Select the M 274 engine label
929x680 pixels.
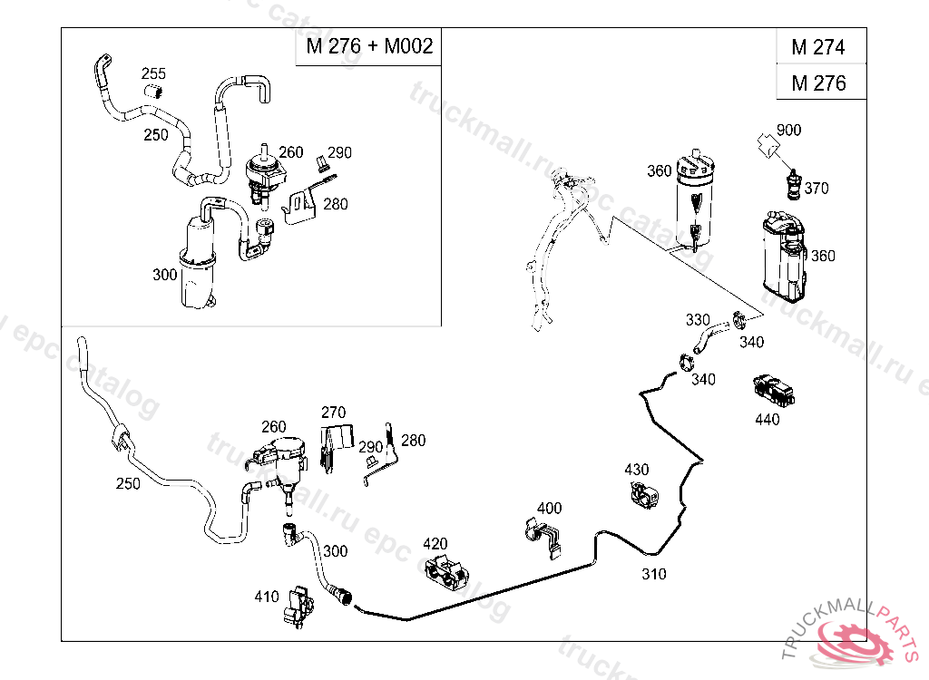[x=817, y=47]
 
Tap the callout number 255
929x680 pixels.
[x=153, y=74]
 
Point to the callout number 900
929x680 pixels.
[x=788, y=131]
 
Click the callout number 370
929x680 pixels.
[x=817, y=189]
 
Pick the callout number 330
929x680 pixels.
[x=698, y=320]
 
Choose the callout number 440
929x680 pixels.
[x=767, y=420]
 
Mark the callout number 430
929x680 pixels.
[x=637, y=470]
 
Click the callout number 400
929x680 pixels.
[x=549, y=509]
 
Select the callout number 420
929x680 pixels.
[x=435, y=544]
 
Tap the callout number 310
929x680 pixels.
[x=653, y=574]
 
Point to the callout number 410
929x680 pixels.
[x=267, y=597]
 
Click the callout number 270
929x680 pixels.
[x=333, y=413]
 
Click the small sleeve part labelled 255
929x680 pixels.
[x=155, y=90]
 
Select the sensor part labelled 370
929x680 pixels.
[x=794, y=184]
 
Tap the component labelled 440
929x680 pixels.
[x=774, y=391]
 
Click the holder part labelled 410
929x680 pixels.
[x=298, y=605]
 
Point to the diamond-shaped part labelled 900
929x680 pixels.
[x=768, y=145]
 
